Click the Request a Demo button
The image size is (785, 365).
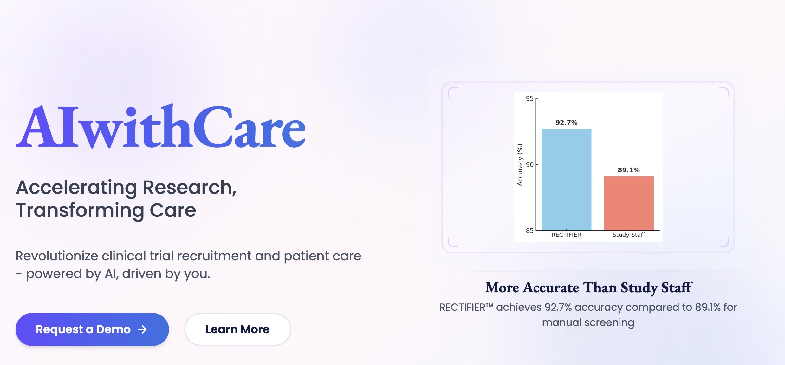pyautogui.click(x=92, y=329)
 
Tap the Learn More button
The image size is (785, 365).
pyautogui.click(x=237, y=329)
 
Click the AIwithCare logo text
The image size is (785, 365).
pyautogui.click(x=160, y=127)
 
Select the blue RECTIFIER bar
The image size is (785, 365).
pyautogui.click(x=566, y=180)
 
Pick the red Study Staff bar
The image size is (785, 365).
pyautogui.click(x=628, y=203)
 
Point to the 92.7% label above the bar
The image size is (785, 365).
pyautogui.click(x=566, y=123)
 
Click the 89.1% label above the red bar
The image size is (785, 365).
pyautogui.click(x=628, y=170)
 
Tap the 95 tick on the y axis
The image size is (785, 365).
pyautogui.click(x=529, y=99)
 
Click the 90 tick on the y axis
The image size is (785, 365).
pyautogui.click(x=529, y=164)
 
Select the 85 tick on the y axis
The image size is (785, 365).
pyautogui.click(x=529, y=231)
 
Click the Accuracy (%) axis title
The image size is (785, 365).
pyautogui.click(x=520, y=165)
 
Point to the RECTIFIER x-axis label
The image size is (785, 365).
pyautogui.click(x=566, y=235)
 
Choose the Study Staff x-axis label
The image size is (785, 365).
pyautogui.click(x=628, y=235)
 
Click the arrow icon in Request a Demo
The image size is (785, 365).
pyautogui.click(x=143, y=329)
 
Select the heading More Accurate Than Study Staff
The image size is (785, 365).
pyautogui.click(x=588, y=288)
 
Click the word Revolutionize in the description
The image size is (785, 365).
pyautogui.click(x=57, y=256)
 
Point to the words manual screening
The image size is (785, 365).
pyautogui.click(x=588, y=322)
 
